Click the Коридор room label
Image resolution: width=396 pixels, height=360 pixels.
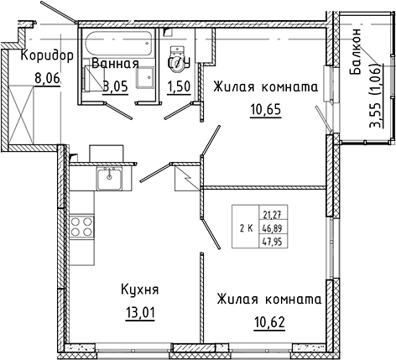(x=39, y=56)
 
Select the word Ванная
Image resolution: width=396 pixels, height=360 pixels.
(x=115, y=64)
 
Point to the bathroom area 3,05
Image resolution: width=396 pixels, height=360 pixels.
(x=116, y=87)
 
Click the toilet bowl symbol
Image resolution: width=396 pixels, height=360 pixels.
(x=178, y=60)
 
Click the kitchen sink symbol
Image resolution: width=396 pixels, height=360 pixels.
(x=110, y=178)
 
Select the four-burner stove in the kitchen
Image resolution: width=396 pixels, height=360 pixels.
(x=82, y=226)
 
